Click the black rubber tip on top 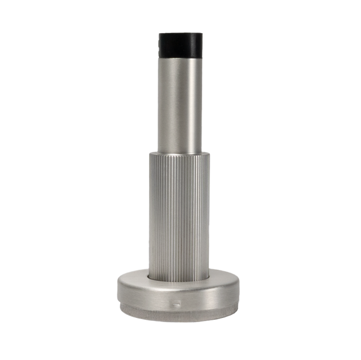[x=180, y=44]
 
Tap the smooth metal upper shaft [x=180, y=102]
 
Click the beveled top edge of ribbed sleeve [x=180, y=153]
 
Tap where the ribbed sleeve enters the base [x=180, y=279]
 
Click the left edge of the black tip [x=158, y=44]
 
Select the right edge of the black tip [x=203, y=44]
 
